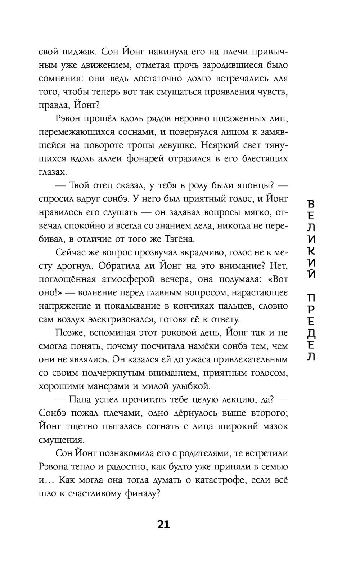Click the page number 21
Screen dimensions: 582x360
point(163,524)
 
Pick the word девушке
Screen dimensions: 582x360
point(174,145)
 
